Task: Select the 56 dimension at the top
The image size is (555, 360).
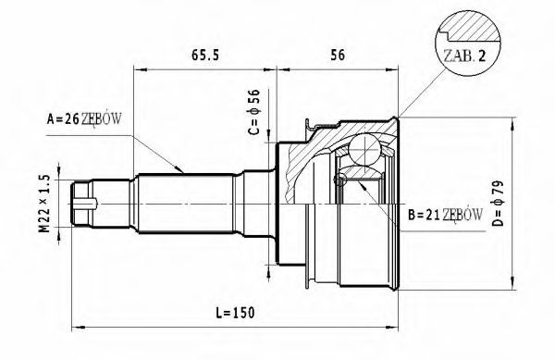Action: pyautogui.click(x=338, y=55)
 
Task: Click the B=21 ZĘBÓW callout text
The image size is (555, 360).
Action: pyautogui.click(x=444, y=216)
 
